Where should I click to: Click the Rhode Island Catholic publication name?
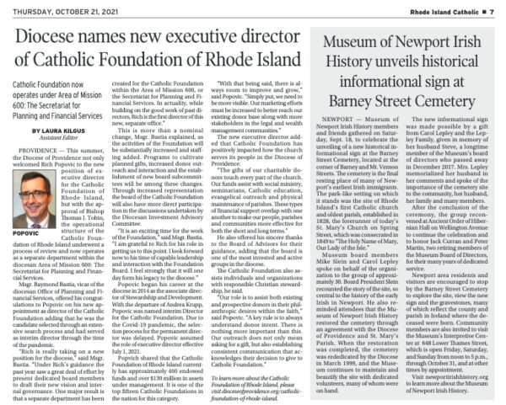(x=444, y=8)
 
